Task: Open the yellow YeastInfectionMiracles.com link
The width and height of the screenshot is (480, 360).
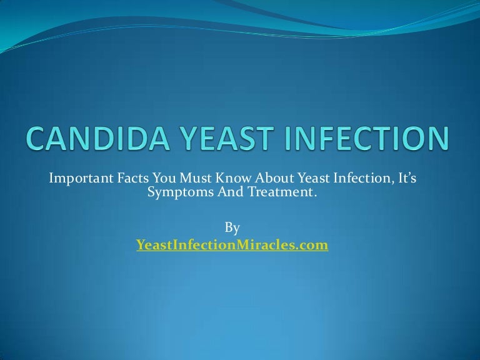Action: (x=232, y=245)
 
